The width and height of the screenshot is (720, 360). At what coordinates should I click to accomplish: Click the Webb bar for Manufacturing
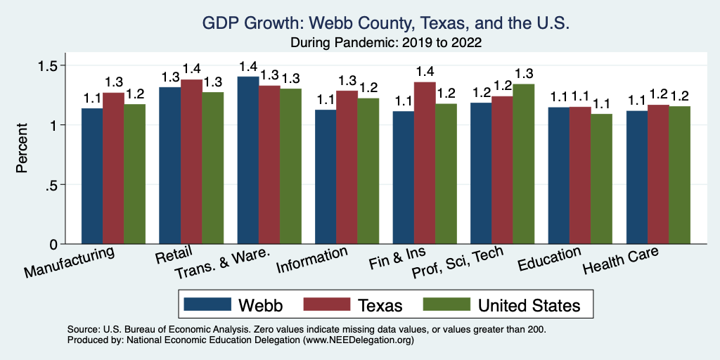coord(92,176)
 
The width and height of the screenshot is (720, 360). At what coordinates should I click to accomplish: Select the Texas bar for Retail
coord(191,162)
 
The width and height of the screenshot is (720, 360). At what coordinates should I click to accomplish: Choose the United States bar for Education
coord(601,179)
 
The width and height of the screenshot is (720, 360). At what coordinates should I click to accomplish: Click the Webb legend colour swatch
coord(207,304)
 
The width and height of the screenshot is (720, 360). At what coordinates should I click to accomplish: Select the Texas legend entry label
coord(379,305)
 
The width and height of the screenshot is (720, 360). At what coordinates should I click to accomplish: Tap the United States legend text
coord(529,305)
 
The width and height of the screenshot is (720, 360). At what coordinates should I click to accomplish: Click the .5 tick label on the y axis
coord(51,185)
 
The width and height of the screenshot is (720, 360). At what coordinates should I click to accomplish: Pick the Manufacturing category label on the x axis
coord(69,262)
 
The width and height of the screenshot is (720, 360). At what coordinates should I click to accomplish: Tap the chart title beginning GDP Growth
coord(385,23)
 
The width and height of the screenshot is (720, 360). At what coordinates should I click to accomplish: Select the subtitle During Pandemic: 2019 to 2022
coord(385,42)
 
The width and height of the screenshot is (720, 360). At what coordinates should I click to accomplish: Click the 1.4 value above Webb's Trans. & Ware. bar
coord(248,66)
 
